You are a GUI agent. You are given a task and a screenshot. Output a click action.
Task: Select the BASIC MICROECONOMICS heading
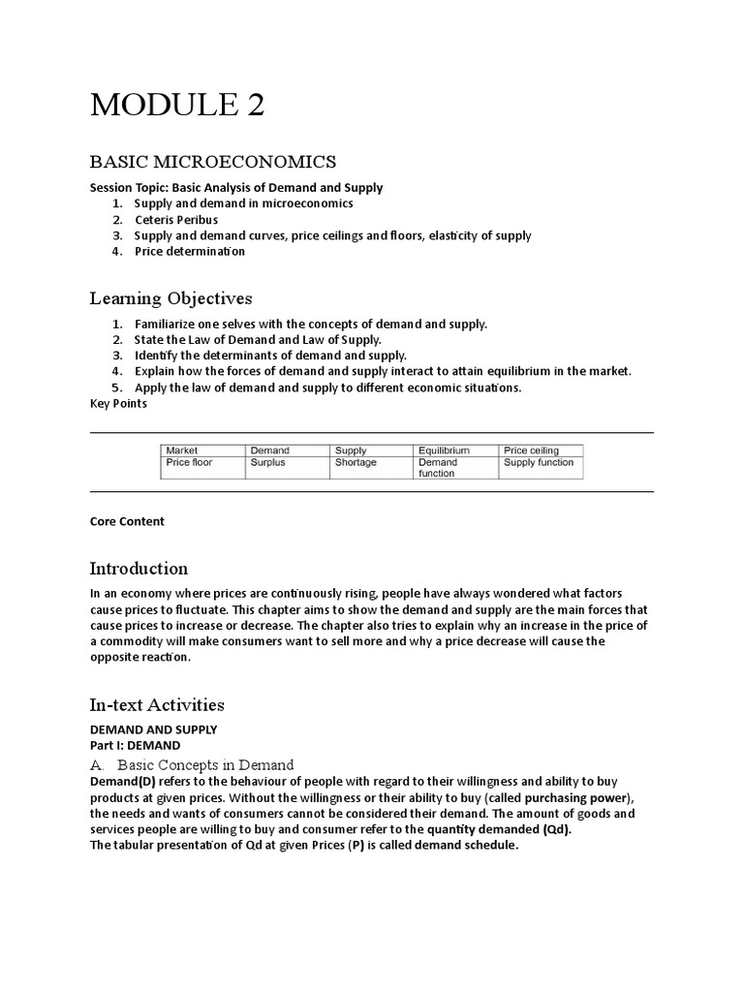pyautogui.click(x=213, y=161)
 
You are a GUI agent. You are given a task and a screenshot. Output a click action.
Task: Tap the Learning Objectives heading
pyautogui.click(x=171, y=297)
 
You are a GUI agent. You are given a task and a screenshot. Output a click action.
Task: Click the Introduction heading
pyautogui.click(x=139, y=569)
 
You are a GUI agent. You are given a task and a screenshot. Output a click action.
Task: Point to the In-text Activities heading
pyautogui.click(x=157, y=704)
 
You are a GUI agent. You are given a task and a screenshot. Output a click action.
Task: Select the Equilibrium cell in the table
pyautogui.click(x=444, y=450)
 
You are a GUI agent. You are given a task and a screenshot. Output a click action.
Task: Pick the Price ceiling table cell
pyautogui.click(x=530, y=450)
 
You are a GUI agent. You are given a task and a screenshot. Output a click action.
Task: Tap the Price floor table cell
pyautogui.click(x=189, y=463)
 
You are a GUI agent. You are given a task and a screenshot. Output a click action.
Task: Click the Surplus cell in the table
pyautogui.click(x=268, y=463)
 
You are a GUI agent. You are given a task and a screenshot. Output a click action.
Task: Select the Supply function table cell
pyautogui.click(x=539, y=463)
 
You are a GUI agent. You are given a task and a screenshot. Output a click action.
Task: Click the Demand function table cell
pyautogui.click(x=438, y=469)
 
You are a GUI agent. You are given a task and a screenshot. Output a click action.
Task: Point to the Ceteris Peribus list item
pyautogui.click(x=175, y=220)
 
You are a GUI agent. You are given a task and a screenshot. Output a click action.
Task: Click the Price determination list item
pyautogui.click(x=189, y=252)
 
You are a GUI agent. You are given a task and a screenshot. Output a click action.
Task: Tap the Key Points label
pyautogui.click(x=118, y=404)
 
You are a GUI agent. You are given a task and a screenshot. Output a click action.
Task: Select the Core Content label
pyautogui.click(x=127, y=521)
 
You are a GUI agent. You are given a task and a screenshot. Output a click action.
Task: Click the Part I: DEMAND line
pyautogui.click(x=135, y=746)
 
